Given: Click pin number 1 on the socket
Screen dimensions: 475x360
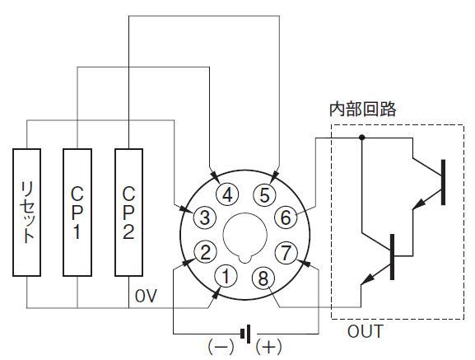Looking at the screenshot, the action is [226, 276].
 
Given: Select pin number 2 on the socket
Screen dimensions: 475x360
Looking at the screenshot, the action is [205, 252].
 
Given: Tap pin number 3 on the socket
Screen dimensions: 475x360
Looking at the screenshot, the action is [205, 217].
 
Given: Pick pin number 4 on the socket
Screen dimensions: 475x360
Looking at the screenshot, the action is [227, 194].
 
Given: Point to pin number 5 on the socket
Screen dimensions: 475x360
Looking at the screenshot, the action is [264, 194].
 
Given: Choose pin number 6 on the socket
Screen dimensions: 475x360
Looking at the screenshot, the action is [286, 217].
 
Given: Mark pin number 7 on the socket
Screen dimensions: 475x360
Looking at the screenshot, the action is [286, 252].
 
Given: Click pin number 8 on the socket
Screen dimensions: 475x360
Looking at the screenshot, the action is [263, 278].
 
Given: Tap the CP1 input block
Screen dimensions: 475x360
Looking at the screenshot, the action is [77, 212].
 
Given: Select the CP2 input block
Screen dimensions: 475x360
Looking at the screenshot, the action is [128, 212].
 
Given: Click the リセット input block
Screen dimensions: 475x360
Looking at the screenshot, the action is [26, 212].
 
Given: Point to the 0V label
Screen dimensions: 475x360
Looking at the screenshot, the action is [146, 296].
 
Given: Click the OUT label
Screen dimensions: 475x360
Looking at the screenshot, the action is [366, 331].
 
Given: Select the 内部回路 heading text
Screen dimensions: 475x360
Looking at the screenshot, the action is [362, 109].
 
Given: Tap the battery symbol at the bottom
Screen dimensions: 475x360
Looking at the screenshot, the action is [245, 334].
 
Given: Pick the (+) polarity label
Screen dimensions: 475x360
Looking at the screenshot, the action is [268, 346].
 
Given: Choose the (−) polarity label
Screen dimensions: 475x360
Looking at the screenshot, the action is [221, 346].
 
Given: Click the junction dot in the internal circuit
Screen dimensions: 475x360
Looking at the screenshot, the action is [361, 138].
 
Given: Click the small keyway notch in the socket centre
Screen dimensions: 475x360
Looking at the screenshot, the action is [245, 258].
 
